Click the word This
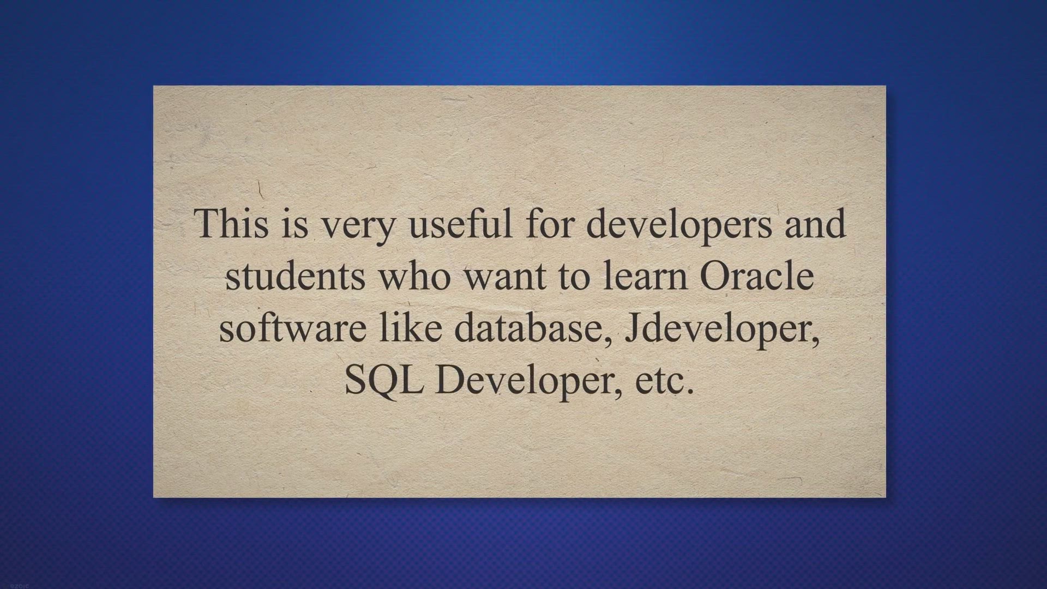click(x=232, y=223)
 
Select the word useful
click(x=461, y=223)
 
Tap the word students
click(x=295, y=275)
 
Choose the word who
click(x=415, y=275)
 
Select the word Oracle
click(x=757, y=275)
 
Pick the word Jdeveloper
click(x=722, y=330)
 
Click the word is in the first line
click(x=295, y=223)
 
